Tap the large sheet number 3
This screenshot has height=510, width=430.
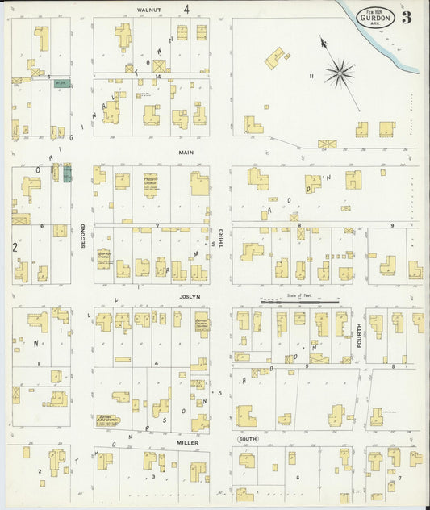click(x=406, y=18)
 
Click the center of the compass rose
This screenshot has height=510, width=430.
click(x=340, y=73)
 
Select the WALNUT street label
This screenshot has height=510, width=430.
click(x=150, y=10)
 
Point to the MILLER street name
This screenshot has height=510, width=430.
click(x=188, y=442)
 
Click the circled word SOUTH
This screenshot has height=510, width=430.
click(x=248, y=439)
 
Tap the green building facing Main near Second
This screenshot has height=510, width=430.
click(x=67, y=173)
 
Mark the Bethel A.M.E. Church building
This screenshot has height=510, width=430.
click(x=106, y=420)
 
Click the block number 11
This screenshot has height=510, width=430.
click(x=310, y=76)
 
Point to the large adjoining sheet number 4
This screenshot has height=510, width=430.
click(x=186, y=10)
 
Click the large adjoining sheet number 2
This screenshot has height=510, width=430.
click(x=15, y=247)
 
